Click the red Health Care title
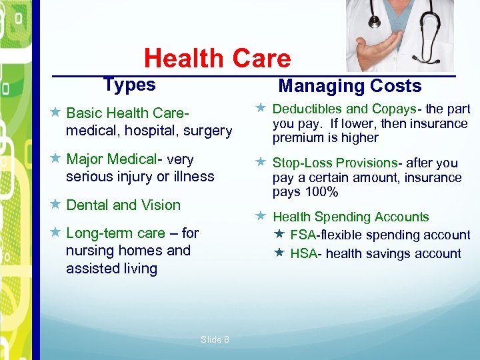click(217, 59)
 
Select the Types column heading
click(129, 85)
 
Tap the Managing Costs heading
click(349, 86)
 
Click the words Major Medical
click(111, 159)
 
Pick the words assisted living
click(111, 269)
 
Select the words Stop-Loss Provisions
click(335, 163)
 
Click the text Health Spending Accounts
click(351, 217)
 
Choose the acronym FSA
click(303, 235)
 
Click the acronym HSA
click(303, 253)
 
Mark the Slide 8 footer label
click(215, 339)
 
